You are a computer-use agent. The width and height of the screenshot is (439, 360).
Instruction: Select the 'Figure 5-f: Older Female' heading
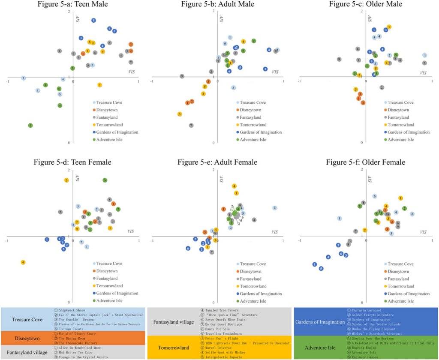coord(366,162)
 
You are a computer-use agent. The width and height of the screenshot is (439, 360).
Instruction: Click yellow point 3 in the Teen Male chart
coord(99,85)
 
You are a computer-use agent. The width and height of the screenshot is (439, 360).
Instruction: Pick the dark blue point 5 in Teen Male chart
coord(93,20)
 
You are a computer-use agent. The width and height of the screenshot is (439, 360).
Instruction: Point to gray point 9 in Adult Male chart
coord(182,76)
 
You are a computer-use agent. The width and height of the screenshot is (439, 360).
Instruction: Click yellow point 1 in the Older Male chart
coord(389,27)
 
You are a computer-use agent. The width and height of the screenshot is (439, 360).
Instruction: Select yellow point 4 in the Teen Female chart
coord(23,262)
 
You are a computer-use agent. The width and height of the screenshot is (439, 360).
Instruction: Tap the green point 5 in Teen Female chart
coord(105,180)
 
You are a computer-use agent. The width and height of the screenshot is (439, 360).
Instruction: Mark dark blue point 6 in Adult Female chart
coord(188,248)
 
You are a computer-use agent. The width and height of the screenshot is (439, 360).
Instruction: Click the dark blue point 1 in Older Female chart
coord(315,264)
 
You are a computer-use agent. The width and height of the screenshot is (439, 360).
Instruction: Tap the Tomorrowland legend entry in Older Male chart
coord(401,125)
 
